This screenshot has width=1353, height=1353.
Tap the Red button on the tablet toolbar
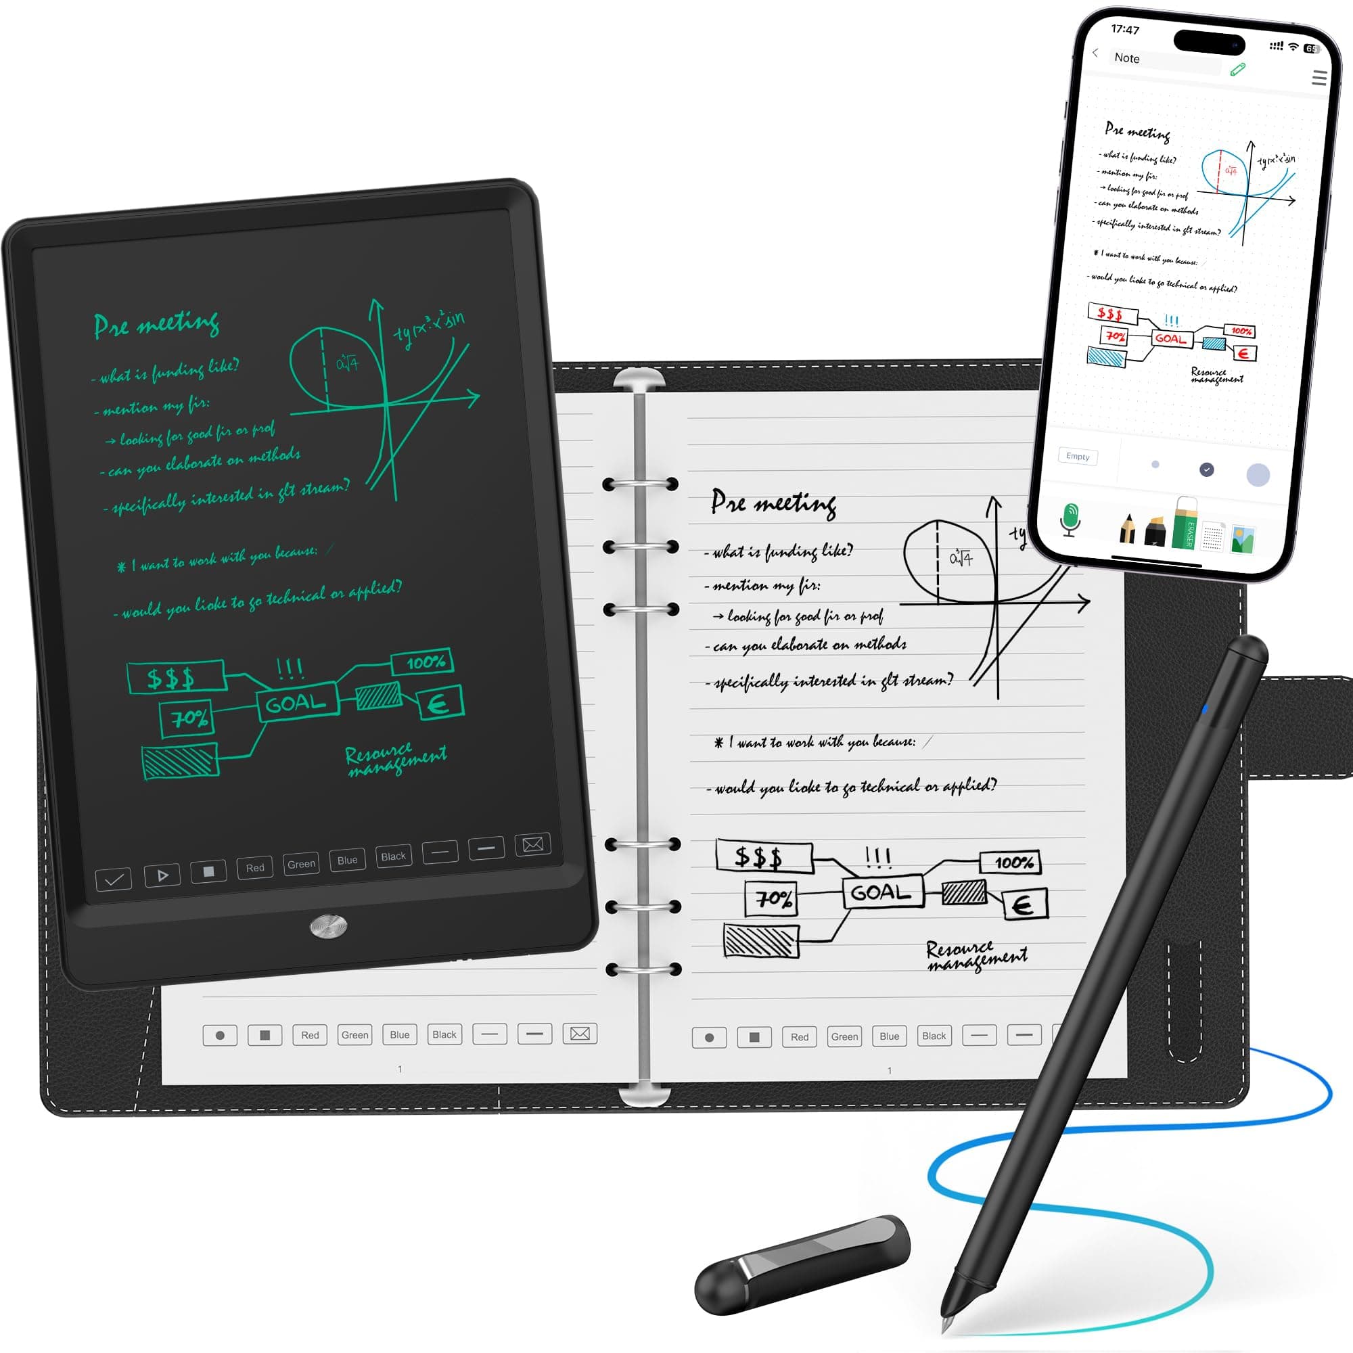[x=255, y=868]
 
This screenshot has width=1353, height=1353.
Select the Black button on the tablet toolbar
[x=394, y=856]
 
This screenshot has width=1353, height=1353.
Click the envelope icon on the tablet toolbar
[x=533, y=844]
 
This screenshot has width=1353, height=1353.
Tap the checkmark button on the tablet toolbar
[x=114, y=879]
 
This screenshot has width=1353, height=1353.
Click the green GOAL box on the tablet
[x=297, y=702]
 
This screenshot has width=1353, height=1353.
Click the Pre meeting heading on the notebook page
[x=773, y=503]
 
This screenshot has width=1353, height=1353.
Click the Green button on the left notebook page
[x=355, y=1035]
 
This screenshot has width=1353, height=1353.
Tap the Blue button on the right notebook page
[x=890, y=1036]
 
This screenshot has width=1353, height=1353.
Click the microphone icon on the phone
[x=1070, y=520]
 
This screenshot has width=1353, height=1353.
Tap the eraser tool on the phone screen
[x=1186, y=522]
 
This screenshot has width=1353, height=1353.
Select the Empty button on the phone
[x=1078, y=457]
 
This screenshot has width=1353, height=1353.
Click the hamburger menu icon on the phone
[x=1318, y=78]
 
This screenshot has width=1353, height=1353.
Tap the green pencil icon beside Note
[x=1238, y=68]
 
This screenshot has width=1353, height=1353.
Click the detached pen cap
[x=802, y=1265]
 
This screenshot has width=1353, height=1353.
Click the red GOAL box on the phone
[x=1171, y=338]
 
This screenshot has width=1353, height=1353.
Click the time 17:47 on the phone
[x=1126, y=28]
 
